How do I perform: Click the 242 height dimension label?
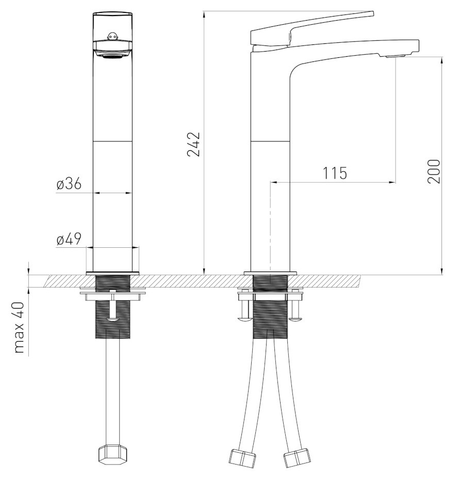point(193,145)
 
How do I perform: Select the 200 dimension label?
point(434,171)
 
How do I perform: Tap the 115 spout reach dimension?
point(335,173)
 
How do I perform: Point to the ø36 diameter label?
point(69,184)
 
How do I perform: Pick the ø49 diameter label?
point(69,239)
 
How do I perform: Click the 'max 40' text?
point(19,327)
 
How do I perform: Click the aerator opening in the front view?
point(112,56)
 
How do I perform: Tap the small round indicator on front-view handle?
point(112,37)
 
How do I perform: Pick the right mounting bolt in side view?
point(295,310)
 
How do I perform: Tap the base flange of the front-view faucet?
point(112,273)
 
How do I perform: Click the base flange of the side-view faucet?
point(270,273)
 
